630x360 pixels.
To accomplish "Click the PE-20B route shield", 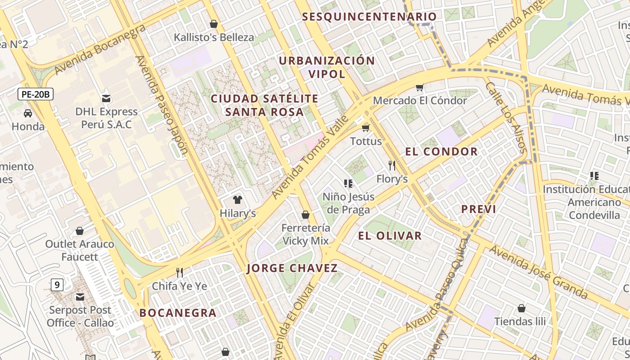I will (36, 94).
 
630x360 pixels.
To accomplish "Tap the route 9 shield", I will (57, 284).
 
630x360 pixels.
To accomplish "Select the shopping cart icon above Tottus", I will (365, 128).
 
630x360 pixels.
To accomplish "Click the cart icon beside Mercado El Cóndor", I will (419, 87).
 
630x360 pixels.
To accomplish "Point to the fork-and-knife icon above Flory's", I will (392, 165).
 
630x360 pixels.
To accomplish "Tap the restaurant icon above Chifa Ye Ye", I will (180, 272).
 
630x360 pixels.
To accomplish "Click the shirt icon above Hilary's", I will (238, 200).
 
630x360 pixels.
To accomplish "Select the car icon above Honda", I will (28, 113).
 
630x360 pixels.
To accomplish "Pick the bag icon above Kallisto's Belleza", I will (214, 24).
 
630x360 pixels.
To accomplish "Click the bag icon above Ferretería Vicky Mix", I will (306, 215).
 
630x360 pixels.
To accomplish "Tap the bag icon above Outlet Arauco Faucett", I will (80, 231).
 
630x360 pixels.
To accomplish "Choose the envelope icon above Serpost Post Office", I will (80, 297).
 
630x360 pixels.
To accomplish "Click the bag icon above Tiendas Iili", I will (521, 308).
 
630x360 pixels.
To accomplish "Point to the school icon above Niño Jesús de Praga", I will (348, 183).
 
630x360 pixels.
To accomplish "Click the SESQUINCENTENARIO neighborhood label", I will (369, 17).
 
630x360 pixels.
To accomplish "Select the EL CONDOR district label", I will (441, 152).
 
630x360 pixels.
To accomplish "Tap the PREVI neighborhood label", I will (479, 209).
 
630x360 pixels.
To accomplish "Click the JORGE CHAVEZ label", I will (292, 269).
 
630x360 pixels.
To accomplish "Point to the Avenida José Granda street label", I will (538, 272).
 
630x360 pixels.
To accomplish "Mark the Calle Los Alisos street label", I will (506, 117).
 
